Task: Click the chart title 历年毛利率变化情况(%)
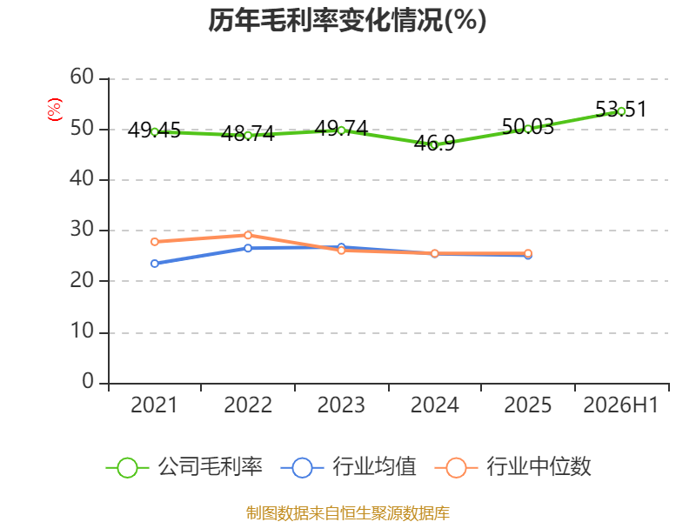pyautogui.click(x=347, y=20)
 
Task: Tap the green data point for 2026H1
pyautogui.click(x=621, y=111)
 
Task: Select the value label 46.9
pyautogui.click(x=434, y=144)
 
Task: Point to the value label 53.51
pyautogui.click(x=621, y=110)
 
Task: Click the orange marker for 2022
pyautogui.click(x=248, y=235)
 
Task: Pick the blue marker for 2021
pyautogui.click(x=155, y=264)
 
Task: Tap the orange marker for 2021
pyautogui.click(x=155, y=242)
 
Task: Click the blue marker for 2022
pyautogui.click(x=248, y=248)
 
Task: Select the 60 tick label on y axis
pyautogui.click(x=82, y=77)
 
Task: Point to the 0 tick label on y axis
pyautogui.click(x=88, y=381)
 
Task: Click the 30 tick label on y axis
pyautogui.click(x=82, y=230)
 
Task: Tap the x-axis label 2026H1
pyautogui.click(x=621, y=405)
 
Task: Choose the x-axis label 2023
pyautogui.click(x=341, y=405)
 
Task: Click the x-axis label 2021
pyautogui.click(x=154, y=405)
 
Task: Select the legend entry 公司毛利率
pyautogui.click(x=184, y=467)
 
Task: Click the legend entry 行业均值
pyautogui.click(x=349, y=467)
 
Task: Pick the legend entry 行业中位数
pyautogui.click(x=513, y=467)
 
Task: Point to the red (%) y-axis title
pyautogui.click(x=55, y=110)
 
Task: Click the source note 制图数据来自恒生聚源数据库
pyautogui.click(x=348, y=513)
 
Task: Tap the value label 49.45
pyautogui.click(x=154, y=130)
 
